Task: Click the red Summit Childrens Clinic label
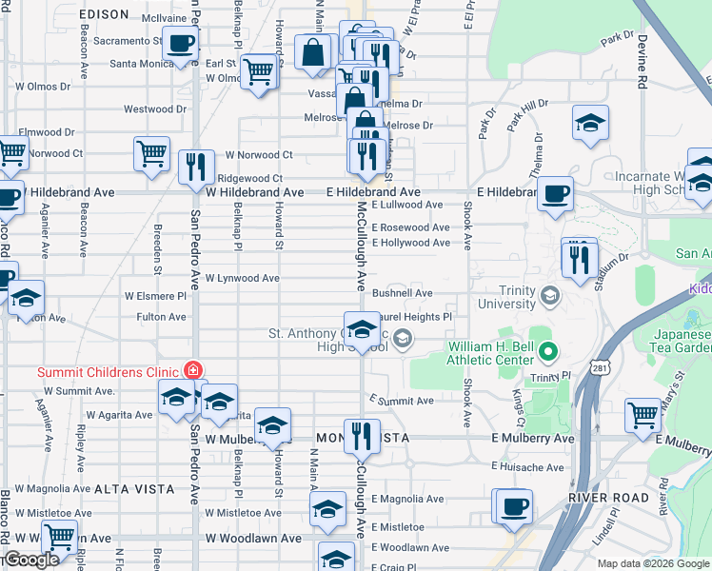[x=109, y=372]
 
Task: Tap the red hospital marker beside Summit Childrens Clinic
[x=193, y=369]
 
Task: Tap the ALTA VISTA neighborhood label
[x=134, y=488]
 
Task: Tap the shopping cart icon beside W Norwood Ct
[x=152, y=153]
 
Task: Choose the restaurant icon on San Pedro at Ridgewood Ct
[x=196, y=166]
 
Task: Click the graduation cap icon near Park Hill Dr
[x=590, y=123]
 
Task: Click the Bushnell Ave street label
[x=402, y=294]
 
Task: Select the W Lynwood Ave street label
[x=242, y=278]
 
